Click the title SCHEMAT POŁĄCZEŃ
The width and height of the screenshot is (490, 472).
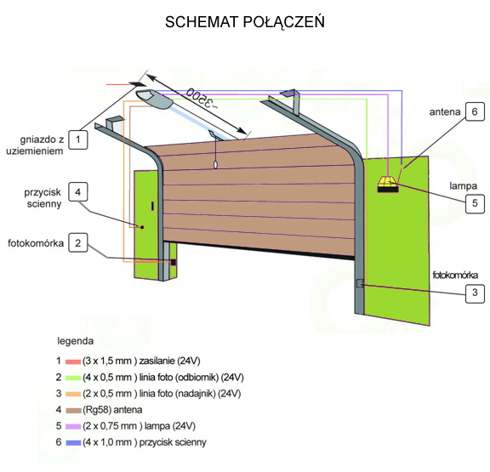point(245,22)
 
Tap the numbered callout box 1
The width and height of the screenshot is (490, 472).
point(78,139)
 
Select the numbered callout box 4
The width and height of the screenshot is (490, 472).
point(78,192)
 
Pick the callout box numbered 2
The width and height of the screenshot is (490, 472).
point(78,242)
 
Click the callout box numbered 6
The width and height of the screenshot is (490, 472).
point(475,111)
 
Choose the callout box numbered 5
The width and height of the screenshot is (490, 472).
point(475,203)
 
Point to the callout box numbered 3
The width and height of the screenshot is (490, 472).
point(475,293)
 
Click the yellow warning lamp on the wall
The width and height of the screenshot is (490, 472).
point(388,185)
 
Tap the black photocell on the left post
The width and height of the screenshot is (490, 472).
point(174,263)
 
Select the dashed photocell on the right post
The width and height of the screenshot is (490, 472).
point(360,283)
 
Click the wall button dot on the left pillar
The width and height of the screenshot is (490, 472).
point(142,227)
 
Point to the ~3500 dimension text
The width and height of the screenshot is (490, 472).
point(202,98)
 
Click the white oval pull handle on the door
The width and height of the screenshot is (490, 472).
point(215,164)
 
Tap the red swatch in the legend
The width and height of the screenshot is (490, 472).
point(73,361)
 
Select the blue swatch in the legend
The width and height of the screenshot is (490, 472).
point(73,442)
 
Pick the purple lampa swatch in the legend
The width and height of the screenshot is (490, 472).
point(73,426)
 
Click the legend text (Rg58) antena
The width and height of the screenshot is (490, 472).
point(112,410)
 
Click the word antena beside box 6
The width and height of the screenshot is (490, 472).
point(445,111)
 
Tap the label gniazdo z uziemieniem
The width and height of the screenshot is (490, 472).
point(35,145)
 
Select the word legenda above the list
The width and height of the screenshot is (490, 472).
point(76,341)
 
